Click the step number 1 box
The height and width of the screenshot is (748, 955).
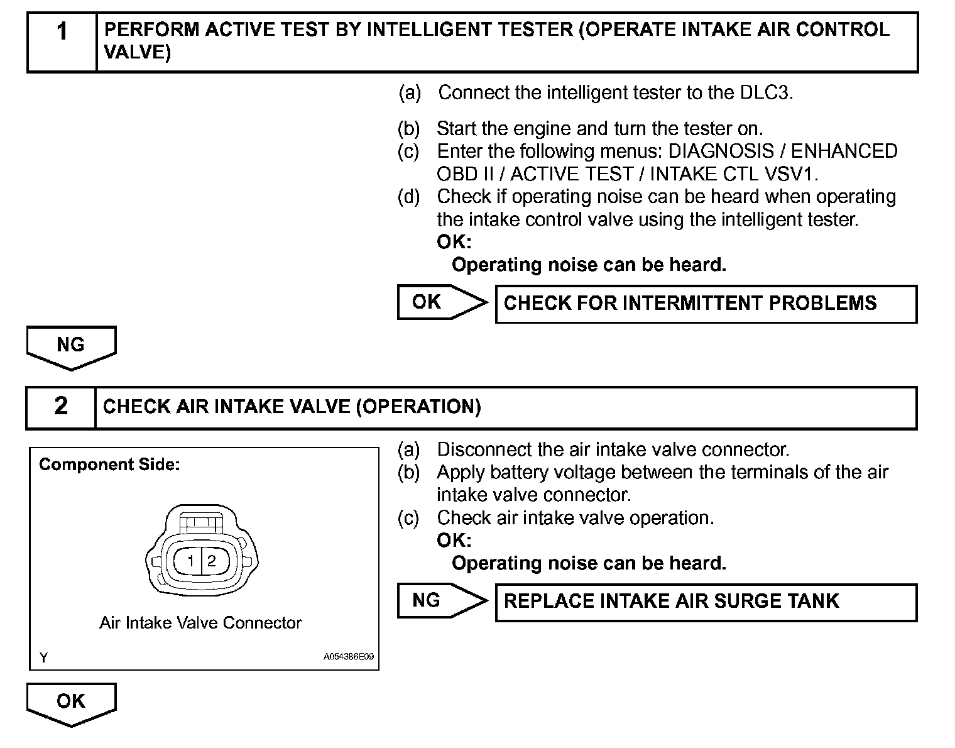(62, 41)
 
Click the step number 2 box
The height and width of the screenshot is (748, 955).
(60, 407)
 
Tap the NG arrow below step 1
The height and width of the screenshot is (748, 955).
(71, 346)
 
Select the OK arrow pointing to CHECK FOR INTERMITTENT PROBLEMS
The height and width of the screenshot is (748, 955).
(442, 302)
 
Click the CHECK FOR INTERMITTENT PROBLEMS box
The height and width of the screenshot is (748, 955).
(706, 304)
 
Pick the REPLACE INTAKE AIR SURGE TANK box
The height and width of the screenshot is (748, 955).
(706, 602)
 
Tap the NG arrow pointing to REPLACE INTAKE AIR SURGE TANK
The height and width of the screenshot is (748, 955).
(442, 601)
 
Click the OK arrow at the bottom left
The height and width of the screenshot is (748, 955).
(71, 703)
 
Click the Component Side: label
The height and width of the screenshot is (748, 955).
(109, 465)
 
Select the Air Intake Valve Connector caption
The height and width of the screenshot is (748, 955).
(200, 623)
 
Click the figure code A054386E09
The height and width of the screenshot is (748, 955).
(349, 657)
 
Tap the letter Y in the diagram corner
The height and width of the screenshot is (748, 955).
(43, 657)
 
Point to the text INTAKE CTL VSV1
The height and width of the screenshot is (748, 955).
(734, 174)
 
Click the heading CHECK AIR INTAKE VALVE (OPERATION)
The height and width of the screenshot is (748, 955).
(292, 407)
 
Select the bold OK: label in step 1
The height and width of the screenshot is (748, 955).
(454, 242)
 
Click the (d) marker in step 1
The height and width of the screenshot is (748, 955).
(408, 197)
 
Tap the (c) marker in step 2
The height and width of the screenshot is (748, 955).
(408, 518)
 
